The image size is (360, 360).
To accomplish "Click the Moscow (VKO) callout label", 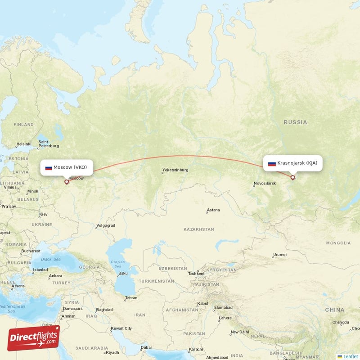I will point(67,167).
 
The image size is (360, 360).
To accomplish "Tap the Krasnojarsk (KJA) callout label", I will point(293,163).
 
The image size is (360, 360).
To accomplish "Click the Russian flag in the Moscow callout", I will point(49,168).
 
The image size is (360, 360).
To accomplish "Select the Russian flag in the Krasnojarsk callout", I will point(272,164).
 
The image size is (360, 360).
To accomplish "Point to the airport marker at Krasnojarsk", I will point(292,177).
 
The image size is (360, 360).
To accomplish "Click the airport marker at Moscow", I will point(67,182).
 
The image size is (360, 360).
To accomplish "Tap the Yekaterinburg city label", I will point(175,170).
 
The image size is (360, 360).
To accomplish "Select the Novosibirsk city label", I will point(265,183).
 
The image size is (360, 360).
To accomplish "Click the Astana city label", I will point(213,210).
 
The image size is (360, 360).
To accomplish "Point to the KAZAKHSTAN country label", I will point(198,229).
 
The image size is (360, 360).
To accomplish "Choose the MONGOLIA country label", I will point(338,243).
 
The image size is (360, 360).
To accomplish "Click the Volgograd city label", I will point(106,225).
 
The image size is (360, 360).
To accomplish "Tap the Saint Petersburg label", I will point(49,144).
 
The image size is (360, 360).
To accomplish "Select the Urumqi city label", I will point(279,255).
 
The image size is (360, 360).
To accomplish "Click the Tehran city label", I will point(131,298).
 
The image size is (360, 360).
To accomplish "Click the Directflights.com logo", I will point(33,338).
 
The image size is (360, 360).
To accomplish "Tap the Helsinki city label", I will point(23,144).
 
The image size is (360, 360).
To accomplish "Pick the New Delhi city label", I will point(240,332).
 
